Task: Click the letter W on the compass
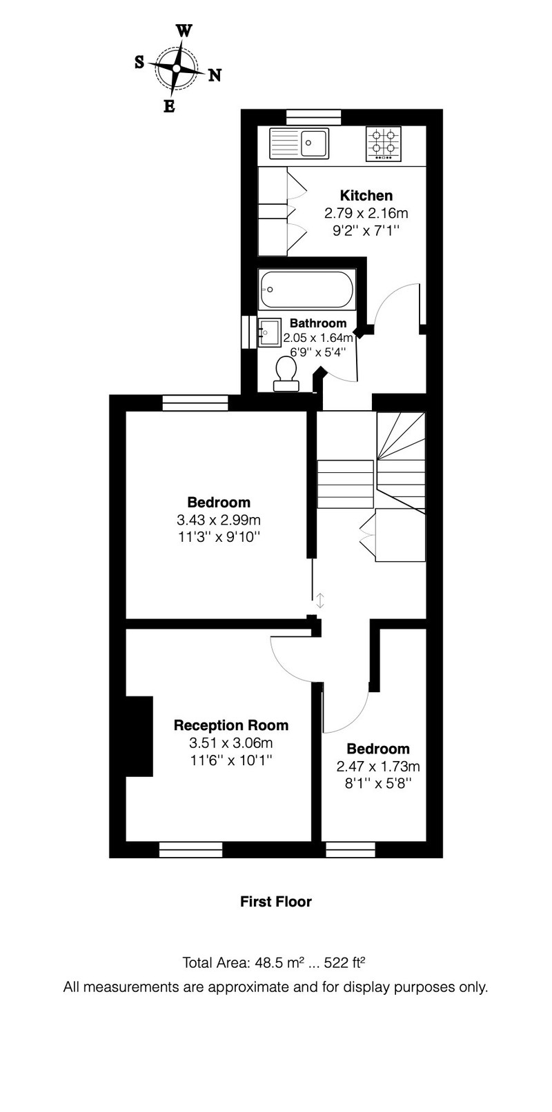point(184,32)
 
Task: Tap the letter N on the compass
point(215,75)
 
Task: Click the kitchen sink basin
point(313,143)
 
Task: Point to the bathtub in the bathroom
point(306,290)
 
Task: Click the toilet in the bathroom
point(286,375)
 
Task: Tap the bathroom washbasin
point(269,331)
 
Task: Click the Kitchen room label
point(366,196)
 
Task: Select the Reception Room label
point(231,725)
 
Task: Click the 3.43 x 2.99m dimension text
point(219,520)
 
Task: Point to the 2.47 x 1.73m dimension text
point(378,767)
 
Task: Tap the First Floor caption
point(276,902)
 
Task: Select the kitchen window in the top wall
point(314,117)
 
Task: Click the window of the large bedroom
point(195,403)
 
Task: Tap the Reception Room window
point(191,850)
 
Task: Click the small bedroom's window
point(351,850)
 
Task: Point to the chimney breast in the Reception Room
point(139,736)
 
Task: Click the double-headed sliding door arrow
point(320,600)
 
